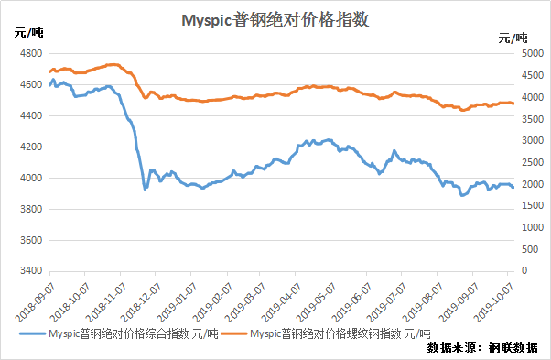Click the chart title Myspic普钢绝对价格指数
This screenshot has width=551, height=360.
coord(275,20)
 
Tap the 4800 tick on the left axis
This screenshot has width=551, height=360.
coord(31,53)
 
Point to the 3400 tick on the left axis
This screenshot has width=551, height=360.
coord(31,271)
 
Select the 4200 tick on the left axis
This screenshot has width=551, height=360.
coord(31,147)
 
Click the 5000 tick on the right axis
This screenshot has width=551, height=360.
coord(533,53)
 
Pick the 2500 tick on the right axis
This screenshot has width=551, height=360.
coord(533,162)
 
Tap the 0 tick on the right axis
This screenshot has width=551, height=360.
coord(524,270)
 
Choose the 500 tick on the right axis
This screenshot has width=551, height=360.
coord(530,249)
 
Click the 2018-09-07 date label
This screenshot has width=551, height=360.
coord(35,303)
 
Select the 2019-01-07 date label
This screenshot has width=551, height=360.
coord(176,303)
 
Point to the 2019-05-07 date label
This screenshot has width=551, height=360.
coord(316,303)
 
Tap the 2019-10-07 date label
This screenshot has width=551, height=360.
coord(493,303)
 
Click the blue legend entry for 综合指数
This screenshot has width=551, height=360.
coord(119,333)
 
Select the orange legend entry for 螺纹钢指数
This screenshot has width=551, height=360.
coord(326,333)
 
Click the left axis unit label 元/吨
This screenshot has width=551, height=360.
coord(28,33)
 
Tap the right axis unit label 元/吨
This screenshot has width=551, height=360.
coord(513,38)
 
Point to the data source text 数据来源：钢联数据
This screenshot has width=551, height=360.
coord(482,347)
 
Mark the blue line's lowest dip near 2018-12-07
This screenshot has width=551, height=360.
coord(145,189)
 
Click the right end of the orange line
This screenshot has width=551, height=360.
coord(513,104)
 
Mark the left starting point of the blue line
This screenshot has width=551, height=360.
coord(50,84)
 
